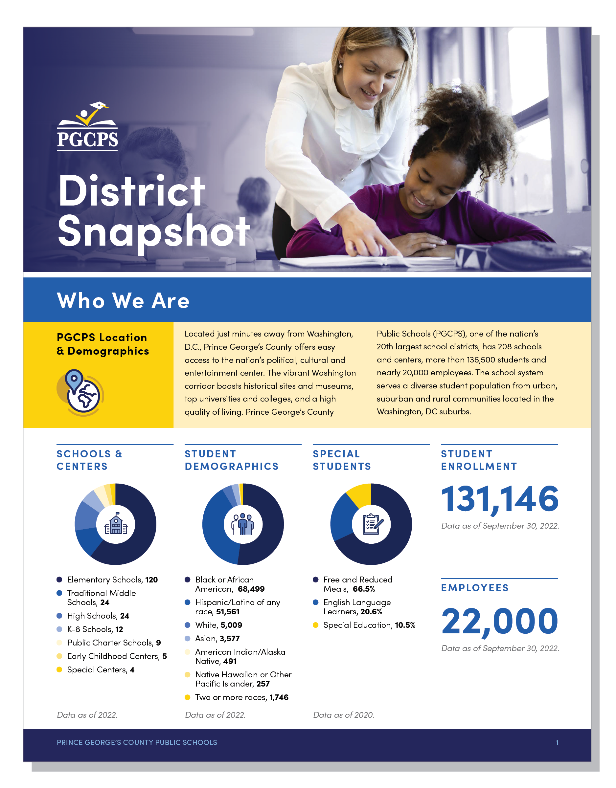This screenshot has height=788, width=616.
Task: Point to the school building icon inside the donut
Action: coord(116,524)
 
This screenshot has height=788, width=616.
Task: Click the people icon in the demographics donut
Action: coord(243,524)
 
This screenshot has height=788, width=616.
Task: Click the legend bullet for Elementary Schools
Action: coord(59,580)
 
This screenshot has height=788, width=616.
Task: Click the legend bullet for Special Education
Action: coord(316,625)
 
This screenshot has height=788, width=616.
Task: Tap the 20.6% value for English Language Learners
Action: coord(371,612)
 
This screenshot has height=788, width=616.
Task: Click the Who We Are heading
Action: coord(123,300)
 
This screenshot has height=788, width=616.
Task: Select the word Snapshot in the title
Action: coord(153,231)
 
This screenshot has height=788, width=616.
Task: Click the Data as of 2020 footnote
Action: coord(343,715)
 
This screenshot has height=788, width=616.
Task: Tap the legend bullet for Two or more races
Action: coord(187,697)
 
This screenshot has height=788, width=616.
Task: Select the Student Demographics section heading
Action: coord(231,460)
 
